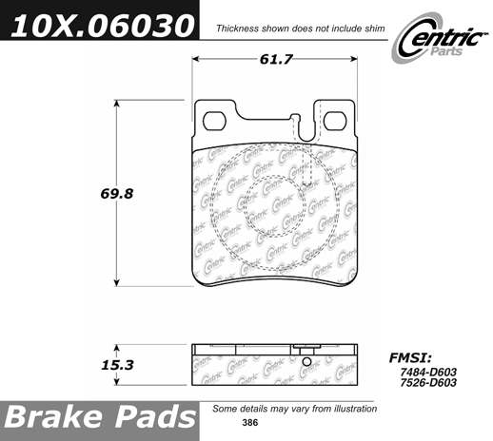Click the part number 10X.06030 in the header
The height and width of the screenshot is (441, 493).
(102, 26)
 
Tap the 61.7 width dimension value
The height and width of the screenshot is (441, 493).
(275, 59)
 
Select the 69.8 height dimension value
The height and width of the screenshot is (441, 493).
(117, 193)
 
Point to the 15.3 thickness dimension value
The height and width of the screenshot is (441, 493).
(117, 365)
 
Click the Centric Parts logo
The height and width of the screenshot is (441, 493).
(440, 39)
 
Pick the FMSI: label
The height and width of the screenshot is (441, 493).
(410, 358)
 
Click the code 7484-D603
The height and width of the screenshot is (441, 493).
(428, 372)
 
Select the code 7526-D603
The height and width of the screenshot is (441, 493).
(428, 383)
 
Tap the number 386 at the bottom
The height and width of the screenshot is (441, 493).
(250, 423)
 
